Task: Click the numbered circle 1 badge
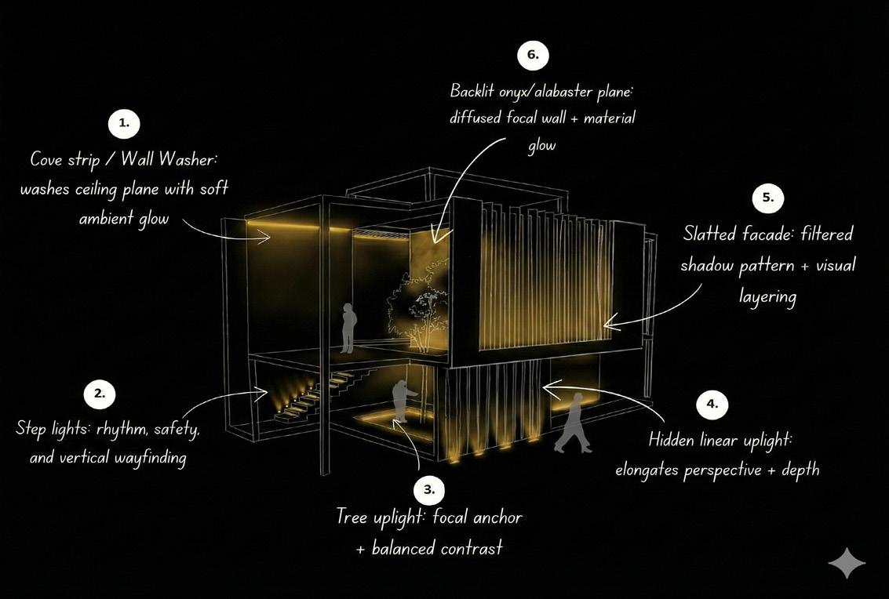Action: click(x=124, y=124)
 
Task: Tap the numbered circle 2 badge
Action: click(x=100, y=394)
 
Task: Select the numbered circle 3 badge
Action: click(x=428, y=490)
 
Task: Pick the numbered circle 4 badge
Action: click(x=712, y=405)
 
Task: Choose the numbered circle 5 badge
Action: click(x=767, y=198)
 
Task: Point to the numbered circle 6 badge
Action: click(x=533, y=55)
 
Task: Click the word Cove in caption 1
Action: click(x=48, y=159)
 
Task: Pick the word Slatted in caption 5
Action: click(x=709, y=234)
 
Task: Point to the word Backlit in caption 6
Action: click(x=472, y=91)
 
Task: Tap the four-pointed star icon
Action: click(x=847, y=563)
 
